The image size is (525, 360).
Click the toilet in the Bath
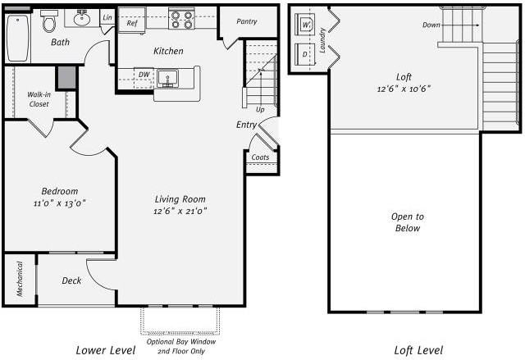pos(49,21)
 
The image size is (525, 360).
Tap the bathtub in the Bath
pos(18,38)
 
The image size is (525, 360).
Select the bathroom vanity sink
pos(82,18)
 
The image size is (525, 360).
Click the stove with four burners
pos(181,18)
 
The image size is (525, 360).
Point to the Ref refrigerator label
pos(132,23)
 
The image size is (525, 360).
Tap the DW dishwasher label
pos(144,75)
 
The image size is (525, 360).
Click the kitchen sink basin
pos(167,79)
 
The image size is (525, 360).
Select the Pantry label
pos(247,21)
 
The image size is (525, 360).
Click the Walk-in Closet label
pos(39,99)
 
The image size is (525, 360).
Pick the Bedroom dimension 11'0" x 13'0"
pos(60,203)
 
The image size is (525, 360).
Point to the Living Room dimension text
pos(180,211)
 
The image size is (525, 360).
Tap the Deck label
pos(71,280)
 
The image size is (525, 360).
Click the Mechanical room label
pos(20,279)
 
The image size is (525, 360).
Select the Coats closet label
pos(260,157)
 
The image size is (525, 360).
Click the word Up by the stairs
pos(260,110)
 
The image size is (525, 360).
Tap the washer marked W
pos(305,24)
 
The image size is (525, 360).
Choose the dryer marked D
pos(305,54)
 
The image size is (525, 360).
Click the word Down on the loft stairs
pos(431,25)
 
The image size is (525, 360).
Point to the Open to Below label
pos(408,222)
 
